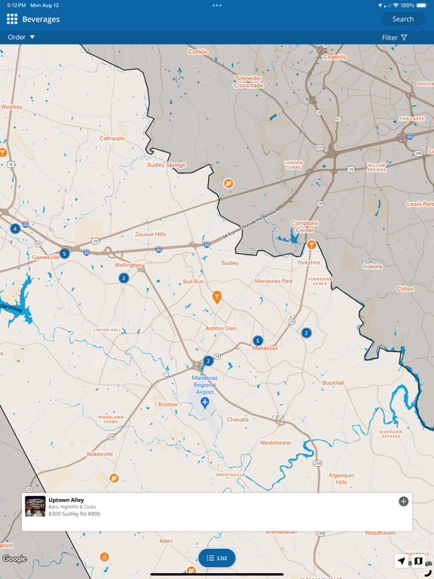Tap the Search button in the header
pyautogui.click(x=403, y=19)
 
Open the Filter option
pyautogui.click(x=395, y=38)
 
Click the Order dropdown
pyautogui.click(x=21, y=37)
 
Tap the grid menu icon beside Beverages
pyautogui.click(x=12, y=19)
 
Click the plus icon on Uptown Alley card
pyautogui.click(x=404, y=501)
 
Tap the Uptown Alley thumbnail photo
pyautogui.click(x=35, y=507)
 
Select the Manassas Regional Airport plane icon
pyautogui.click(x=205, y=403)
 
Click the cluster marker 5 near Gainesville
pyautogui.click(x=65, y=254)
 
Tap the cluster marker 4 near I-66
pyautogui.click(x=15, y=228)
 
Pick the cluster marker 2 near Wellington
pyautogui.click(x=124, y=278)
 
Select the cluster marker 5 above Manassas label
pyautogui.click(x=258, y=341)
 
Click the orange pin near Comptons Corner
pyautogui.click(x=311, y=244)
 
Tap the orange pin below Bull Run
pyautogui.click(x=217, y=297)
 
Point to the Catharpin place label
pyautogui.click(x=112, y=139)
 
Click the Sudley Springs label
pyautogui.click(x=166, y=165)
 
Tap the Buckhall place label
pyautogui.click(x=333, y=383)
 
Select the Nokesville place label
pyautogui.click(x=99, y=455)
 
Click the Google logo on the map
pyautogui.click(x=14, y=559)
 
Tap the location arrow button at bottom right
pyautogui.click(x=401, y=561)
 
